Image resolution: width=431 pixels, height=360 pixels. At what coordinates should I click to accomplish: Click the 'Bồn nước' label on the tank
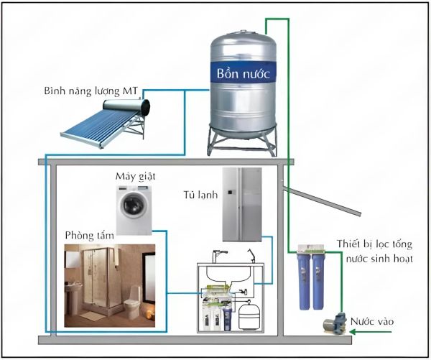(x=242, y=73)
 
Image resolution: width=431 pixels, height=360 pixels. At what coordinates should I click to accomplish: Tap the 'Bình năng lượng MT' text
(x=90, y=91)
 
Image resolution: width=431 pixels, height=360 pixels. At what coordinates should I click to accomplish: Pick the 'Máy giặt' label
(x=135, y=175)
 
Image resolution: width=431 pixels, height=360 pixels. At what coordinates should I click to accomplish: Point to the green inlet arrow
(x=363, y=331)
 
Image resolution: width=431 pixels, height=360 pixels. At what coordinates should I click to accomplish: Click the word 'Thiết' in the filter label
(x=347, y=244)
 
